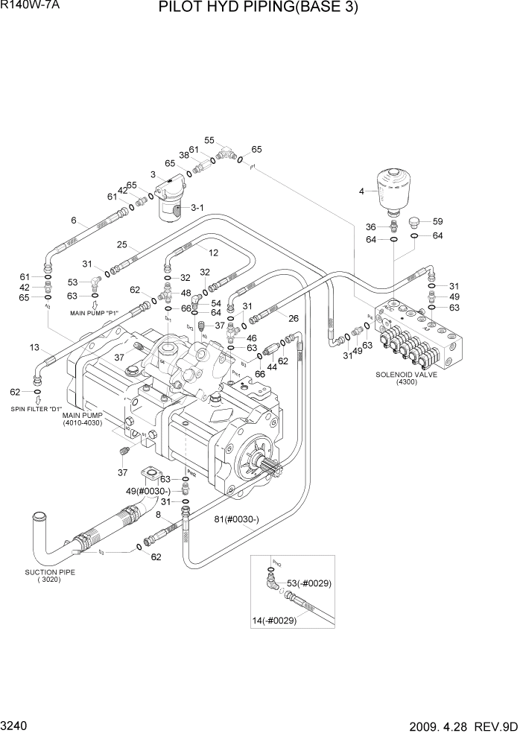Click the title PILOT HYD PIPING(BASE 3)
[x=258, y=9]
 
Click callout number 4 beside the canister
[x=361, y=191]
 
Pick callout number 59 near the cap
[x=437, y=221]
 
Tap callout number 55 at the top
[x=209, y=140]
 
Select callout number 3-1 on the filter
[x=197, y=208]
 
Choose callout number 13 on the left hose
[x=34, y=348]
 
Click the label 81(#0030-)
[x=237, y=519]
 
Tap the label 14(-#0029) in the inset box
[x=279, y=619]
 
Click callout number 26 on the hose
[x=294, y=319]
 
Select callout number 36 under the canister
[x=370, y=226]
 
